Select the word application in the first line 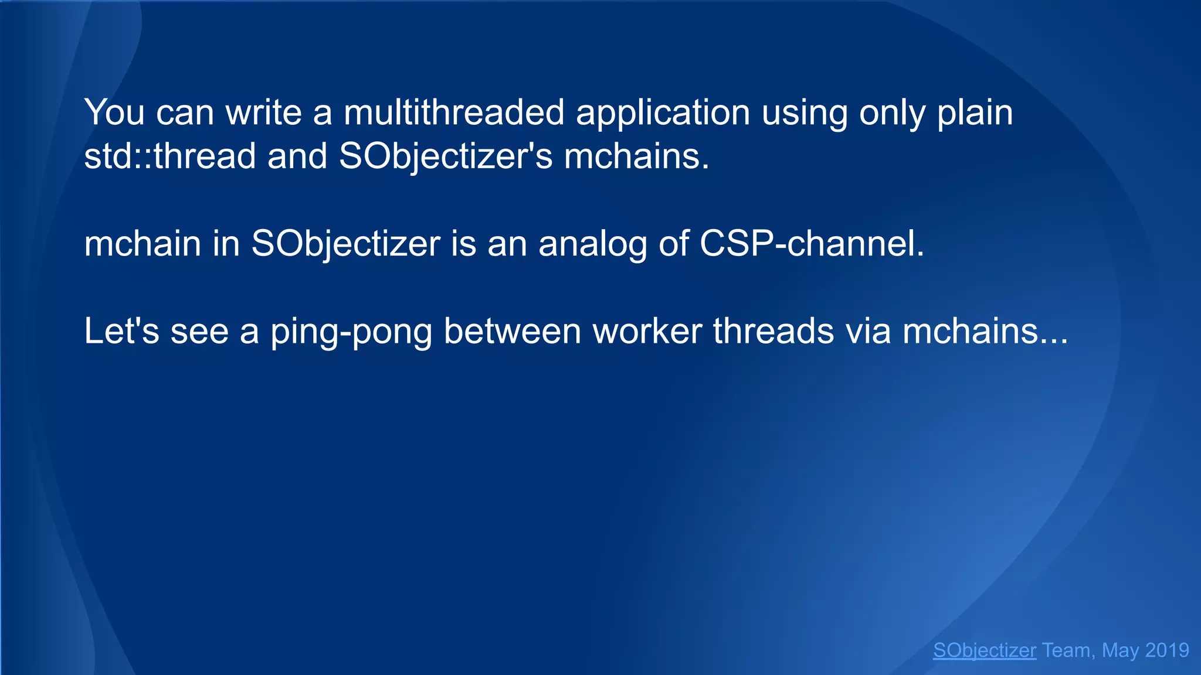(663, 113)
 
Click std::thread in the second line (170, 156)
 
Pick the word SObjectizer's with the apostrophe (446, 158)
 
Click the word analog (592, 244)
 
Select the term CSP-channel (812, 244)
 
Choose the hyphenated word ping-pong (351, 332)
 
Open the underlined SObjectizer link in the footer (985, 650)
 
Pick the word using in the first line (805, 113)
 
